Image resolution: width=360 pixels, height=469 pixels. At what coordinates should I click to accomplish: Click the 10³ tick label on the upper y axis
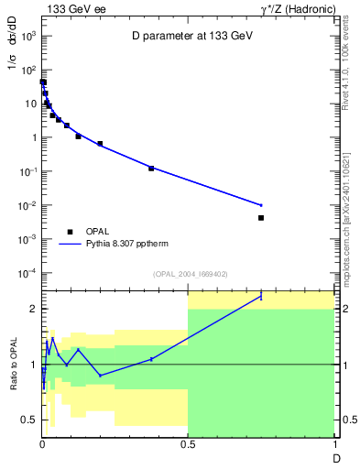(x=27, y=36)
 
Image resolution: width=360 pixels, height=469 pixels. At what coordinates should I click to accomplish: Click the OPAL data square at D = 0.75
(x=261, y=218)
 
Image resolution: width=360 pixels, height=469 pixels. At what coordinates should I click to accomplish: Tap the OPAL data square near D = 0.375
(x=151, y=169)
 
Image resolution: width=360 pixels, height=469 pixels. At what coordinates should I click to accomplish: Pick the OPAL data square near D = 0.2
(x=100, y=144)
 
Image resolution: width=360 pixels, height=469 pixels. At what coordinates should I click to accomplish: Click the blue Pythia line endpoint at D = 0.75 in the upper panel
(x=261, y=205)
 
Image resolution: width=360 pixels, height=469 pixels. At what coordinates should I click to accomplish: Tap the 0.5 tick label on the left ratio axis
(x=31, y=420)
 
